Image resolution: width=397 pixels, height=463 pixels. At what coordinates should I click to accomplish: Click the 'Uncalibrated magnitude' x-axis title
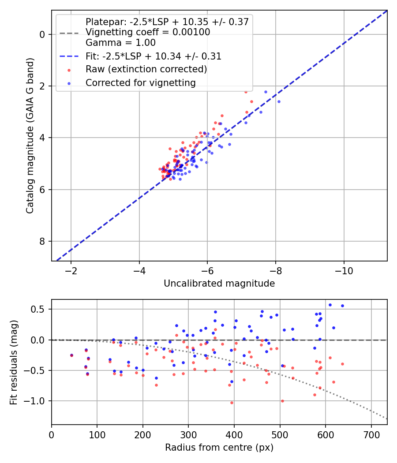click(x=219, y=284)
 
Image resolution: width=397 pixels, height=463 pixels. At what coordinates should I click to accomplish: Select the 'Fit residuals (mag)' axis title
click(x=14, y=362)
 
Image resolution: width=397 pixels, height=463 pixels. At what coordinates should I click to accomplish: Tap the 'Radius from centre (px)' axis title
click(x=219, y=448)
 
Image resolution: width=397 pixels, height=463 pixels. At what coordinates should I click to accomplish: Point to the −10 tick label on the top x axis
click(x=344, y=271)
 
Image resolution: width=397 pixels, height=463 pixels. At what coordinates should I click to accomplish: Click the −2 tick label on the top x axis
click(x=71, y=271)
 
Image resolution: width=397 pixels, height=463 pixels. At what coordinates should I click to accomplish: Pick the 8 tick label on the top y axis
click(x=42, y=241)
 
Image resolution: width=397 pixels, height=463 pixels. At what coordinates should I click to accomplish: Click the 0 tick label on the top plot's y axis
click(x=42, y=34)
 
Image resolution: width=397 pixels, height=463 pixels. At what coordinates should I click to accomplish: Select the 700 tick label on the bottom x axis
click(x=371, y=435)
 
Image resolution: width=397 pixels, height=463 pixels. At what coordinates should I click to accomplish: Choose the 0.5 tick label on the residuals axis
click(x=38, y=310)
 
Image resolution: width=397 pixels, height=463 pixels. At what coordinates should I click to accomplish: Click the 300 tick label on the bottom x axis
click(x=188, y=435)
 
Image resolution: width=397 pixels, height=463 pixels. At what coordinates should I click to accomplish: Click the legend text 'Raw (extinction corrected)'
click(x=146, y=69)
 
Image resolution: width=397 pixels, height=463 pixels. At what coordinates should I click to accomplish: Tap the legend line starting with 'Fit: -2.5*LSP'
click(x=154, y=56)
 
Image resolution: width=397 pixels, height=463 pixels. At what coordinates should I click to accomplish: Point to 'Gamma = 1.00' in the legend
click(x=120, y=43)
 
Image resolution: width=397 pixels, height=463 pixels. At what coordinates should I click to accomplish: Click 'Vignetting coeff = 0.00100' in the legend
click(x=148, y=32)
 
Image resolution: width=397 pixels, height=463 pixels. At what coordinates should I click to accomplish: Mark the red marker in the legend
click(x=69, y=70)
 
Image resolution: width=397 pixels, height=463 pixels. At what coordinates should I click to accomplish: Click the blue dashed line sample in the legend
click(x=69, y=56)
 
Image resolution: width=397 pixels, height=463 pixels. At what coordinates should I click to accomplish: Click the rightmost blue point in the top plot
click(x=279, y=101)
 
